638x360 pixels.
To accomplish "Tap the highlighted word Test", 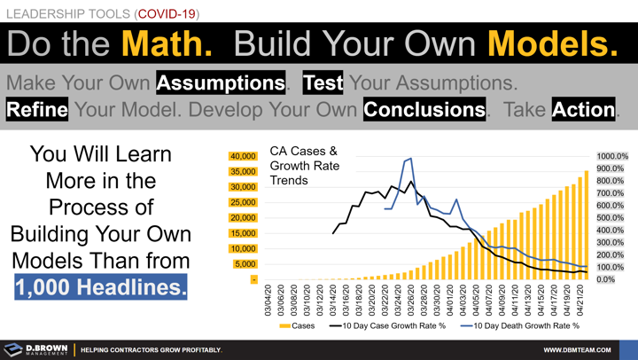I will [x=324, y=82].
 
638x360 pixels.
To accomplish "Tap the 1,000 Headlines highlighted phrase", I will [x=100, y=286].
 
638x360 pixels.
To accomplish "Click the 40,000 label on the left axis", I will [x=242, y=156].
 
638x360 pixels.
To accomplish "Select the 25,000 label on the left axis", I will [x=242, y=202].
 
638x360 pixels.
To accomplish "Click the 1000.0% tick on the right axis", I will [x=612, y=157].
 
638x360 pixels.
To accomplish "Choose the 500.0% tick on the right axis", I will [x=613, y=218].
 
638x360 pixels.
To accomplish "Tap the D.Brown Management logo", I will [x=35, y=349].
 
